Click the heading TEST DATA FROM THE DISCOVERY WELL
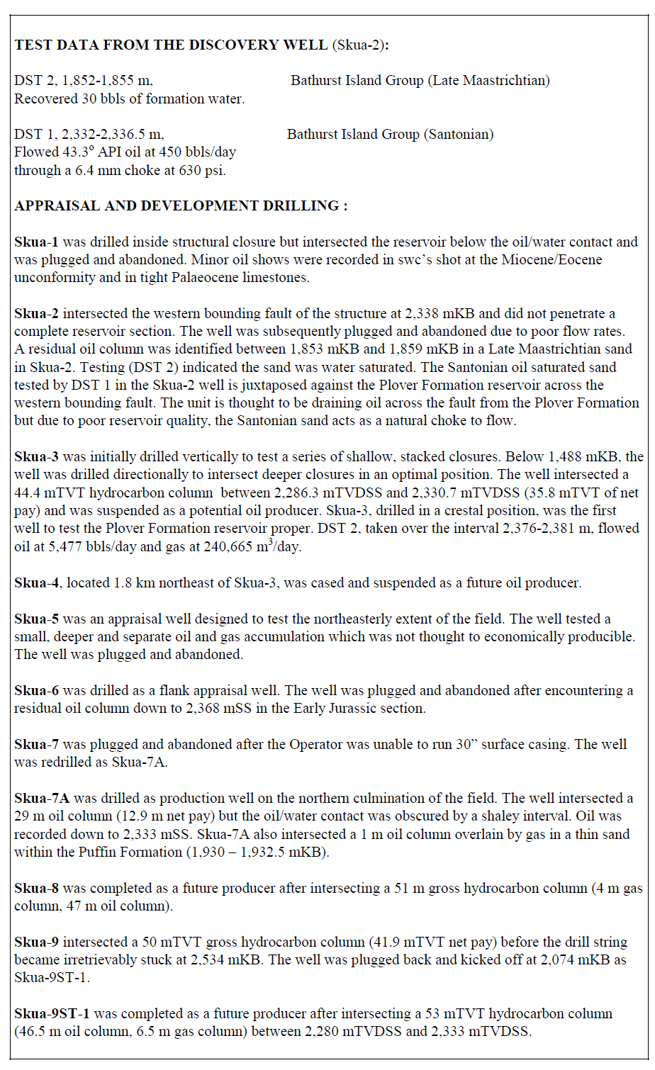(170, 45)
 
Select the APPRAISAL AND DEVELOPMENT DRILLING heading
(181, 206)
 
